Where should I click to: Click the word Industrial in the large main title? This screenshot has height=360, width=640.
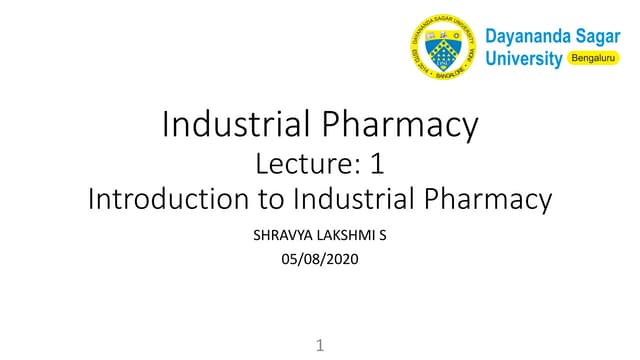point(237,125)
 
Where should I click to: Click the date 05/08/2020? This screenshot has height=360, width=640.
point(320,261)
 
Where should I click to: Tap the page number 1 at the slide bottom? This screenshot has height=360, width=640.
point(320,346)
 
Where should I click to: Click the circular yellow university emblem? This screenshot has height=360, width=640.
point(442,47)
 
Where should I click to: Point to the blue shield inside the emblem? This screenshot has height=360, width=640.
point(442,47)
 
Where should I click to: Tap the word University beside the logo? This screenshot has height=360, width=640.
point(523,59)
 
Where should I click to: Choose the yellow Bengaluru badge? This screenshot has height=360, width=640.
point(594,59)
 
